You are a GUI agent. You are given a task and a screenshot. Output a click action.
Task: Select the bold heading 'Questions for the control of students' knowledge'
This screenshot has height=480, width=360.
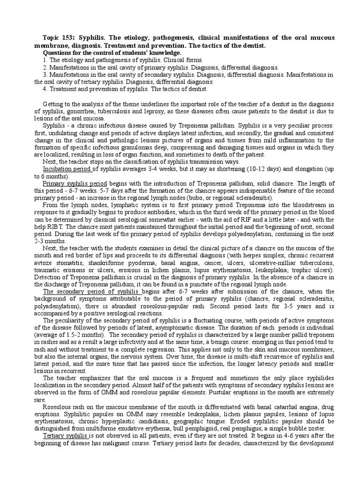point(112,53)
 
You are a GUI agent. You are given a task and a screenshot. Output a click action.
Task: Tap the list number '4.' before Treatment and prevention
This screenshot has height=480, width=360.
point(45,89)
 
